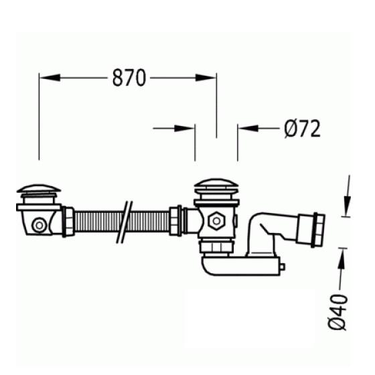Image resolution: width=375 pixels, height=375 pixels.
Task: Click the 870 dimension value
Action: tap(129, 78)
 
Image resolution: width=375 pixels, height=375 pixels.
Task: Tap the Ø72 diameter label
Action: tap(302, 129)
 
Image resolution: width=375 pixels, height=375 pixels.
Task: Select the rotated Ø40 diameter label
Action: tap(337, 312)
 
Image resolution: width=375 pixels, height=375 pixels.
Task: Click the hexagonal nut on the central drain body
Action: tap(216, 221)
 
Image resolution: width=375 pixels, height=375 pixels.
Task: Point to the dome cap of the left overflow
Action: tap(39, 189)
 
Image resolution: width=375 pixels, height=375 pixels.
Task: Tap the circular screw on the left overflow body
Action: tap(40, 225)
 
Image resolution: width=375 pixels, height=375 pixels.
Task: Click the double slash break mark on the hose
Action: tap(125, 222)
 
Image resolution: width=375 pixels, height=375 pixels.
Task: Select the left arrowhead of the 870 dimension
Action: tap(50, 78)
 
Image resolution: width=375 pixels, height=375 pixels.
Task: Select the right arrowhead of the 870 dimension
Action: tap(206, 78)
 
